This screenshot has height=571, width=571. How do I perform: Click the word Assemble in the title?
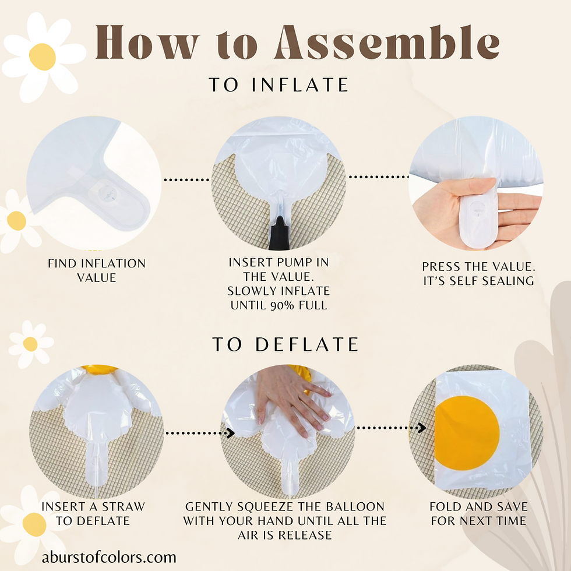coord(387,42)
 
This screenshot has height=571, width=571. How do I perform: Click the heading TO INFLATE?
coord(279,84)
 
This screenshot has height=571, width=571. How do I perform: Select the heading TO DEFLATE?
coord(285,344)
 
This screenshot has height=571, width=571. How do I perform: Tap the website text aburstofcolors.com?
coord(109,557)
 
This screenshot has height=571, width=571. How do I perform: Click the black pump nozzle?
coord(279,233)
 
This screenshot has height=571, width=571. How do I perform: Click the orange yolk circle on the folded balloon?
coord(467,433)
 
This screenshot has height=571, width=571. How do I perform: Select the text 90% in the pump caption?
coord(282,305)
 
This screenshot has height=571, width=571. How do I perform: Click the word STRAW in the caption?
coord(124,506)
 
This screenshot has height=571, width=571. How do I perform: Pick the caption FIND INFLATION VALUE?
coord(97,270)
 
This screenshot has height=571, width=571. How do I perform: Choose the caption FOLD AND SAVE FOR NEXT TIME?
coord(478,513)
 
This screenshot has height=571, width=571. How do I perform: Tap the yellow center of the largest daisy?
coord(42,57)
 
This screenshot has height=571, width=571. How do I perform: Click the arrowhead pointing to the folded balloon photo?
coord(422,428)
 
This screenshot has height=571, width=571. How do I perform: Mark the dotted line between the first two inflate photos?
coord(186,179)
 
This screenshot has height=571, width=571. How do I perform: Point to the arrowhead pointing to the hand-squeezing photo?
coord(231,433)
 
